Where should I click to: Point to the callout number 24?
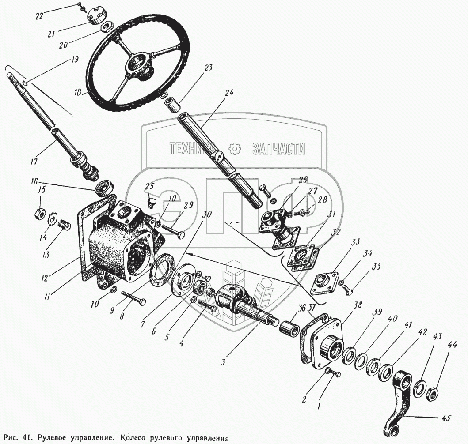[228, 94]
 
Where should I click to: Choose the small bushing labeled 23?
[172, 106]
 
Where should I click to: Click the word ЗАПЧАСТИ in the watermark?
[278, 149]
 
